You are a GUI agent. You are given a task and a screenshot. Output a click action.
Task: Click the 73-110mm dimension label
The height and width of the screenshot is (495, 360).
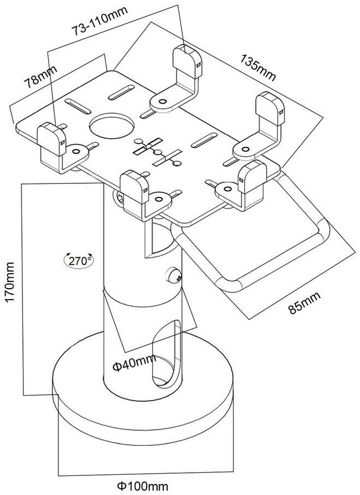tap(100, 20)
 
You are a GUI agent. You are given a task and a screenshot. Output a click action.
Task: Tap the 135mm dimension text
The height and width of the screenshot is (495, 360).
tap(258, 67)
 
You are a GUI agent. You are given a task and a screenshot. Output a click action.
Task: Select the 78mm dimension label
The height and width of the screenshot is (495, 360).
tap(41, 76)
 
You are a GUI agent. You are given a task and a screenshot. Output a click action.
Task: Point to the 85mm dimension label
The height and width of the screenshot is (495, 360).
tap(304, 302)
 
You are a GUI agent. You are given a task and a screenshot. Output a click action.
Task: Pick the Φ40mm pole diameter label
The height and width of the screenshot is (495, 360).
tap(134, 363)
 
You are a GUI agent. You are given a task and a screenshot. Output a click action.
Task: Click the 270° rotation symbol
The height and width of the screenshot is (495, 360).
tap(79, 260)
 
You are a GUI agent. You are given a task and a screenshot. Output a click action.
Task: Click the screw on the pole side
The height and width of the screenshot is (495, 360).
tap(174, 275)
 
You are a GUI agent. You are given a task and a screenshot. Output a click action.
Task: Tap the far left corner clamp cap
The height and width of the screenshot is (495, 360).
tap(51, 139)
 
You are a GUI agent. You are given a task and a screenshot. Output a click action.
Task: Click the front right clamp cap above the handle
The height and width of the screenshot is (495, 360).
tap(253, 176)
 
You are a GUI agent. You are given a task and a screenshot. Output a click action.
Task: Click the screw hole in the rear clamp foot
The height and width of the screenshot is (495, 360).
tap(163, 102)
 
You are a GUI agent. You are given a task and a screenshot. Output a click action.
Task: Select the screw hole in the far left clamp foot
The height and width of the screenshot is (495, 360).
tap(76, 152)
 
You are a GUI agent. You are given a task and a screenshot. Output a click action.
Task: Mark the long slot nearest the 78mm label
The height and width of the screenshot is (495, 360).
tap(78, 107)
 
